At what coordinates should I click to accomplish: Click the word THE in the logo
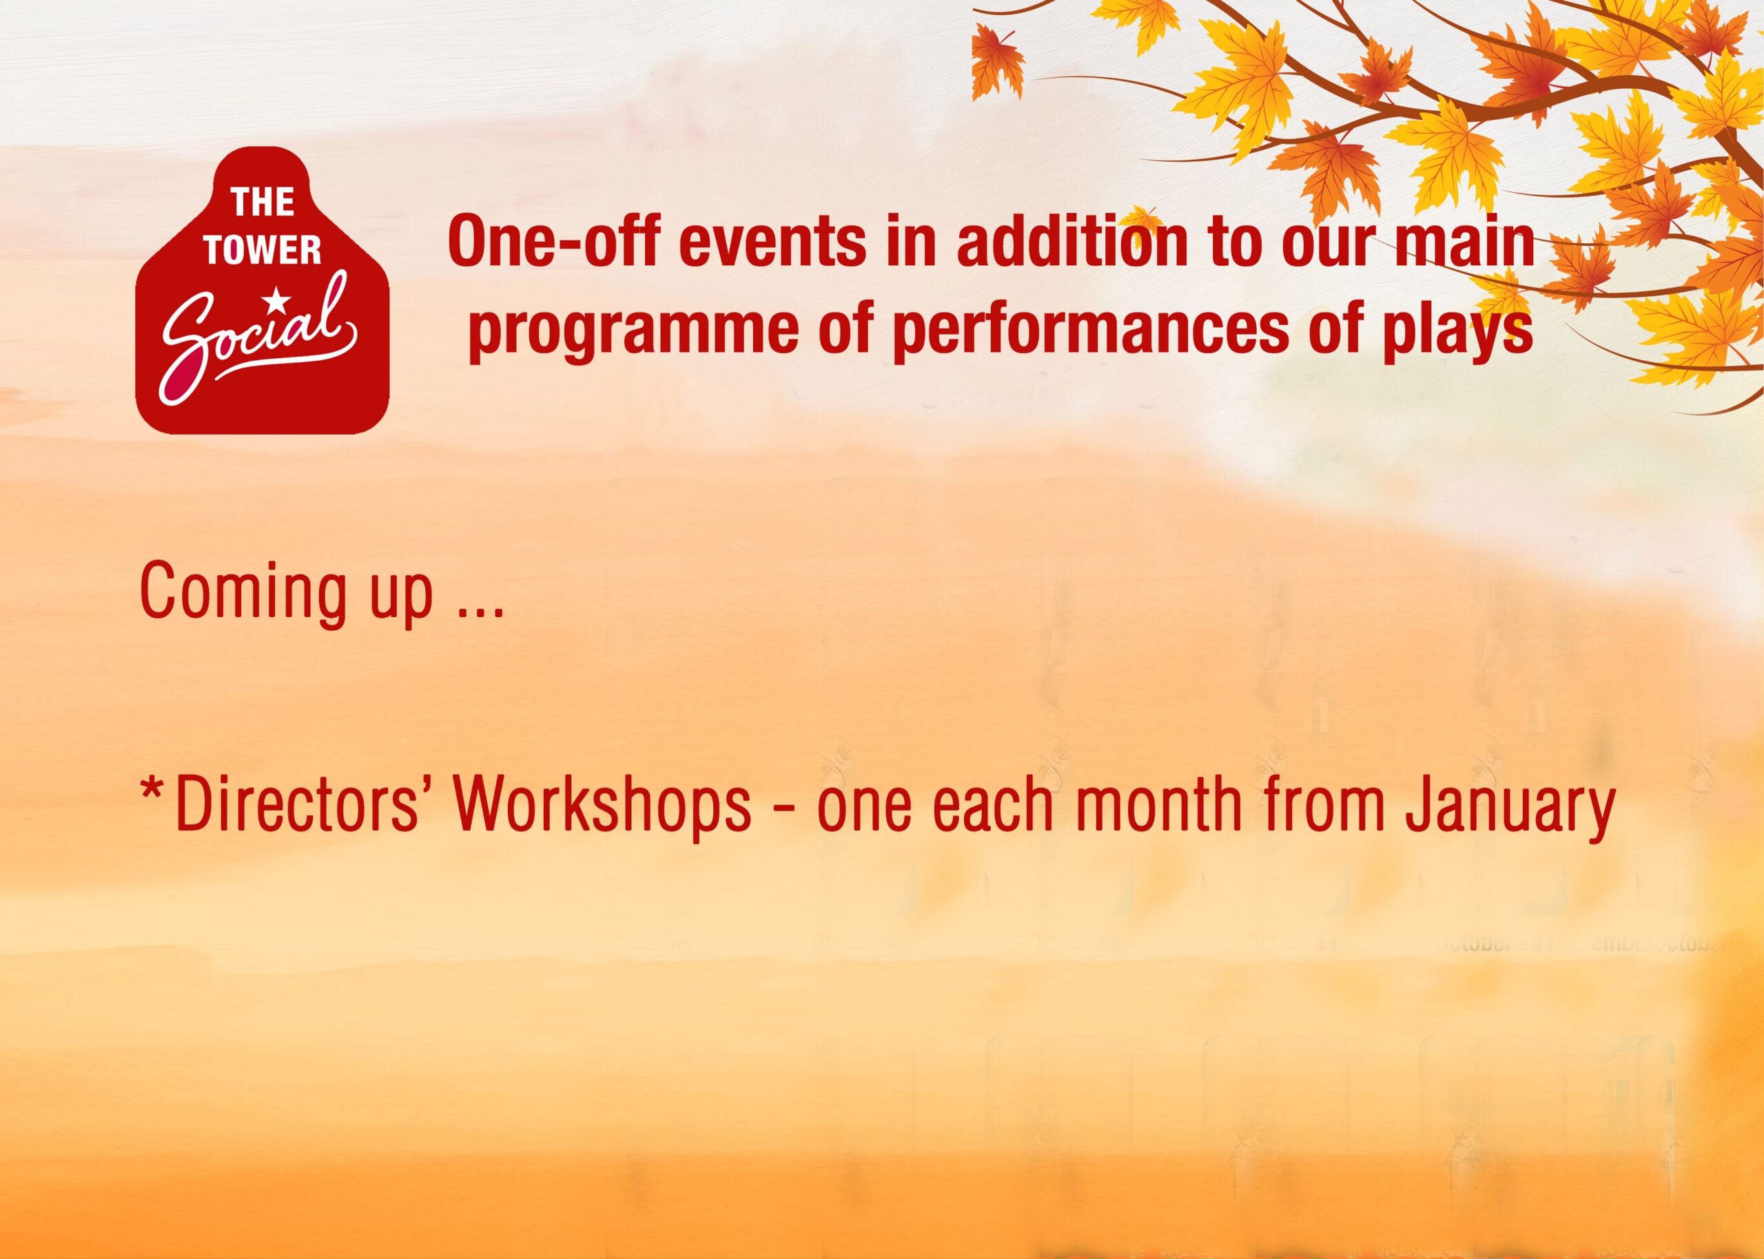(x=263, y=202)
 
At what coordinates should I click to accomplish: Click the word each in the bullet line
(x=993, y=804)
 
